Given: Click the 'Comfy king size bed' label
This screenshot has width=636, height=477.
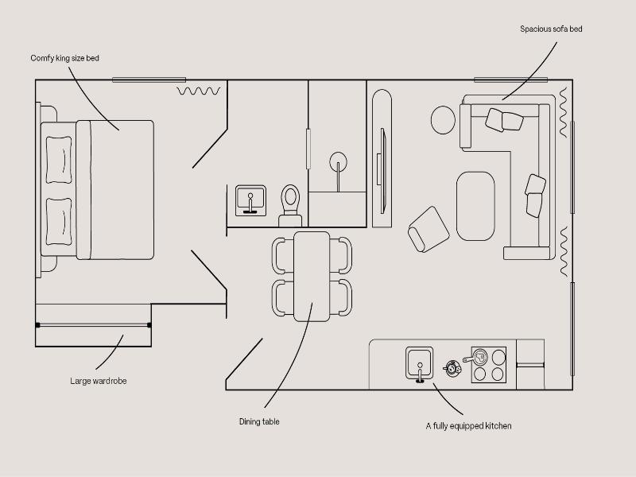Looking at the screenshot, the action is pyautogui.click(x=65, y=58).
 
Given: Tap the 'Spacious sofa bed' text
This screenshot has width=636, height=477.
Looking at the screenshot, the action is pyautogui.click(x=551, y=29).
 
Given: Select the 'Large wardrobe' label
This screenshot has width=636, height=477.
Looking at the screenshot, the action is pyautogui.click(x=98, y=381).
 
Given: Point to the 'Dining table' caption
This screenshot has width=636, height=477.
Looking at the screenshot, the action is pyautogui.click(x=259, y=422).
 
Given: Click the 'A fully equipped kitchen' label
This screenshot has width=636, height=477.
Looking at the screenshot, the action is pyautogui.click(x=468, y=426).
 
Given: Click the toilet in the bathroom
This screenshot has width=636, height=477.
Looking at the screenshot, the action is pyautogui.click(x=290, y=206).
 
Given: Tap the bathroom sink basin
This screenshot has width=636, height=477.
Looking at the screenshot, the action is pyautogui.click(x=250, y=200).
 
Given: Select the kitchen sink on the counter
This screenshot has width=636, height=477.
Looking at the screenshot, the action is pyautogui.click(x=420, y=363).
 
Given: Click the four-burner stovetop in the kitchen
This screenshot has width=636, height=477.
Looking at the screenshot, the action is pyautogui.click(x=489, y=365).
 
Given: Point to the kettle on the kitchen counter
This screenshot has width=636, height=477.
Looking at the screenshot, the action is pyautogui.click(x=452, y=368).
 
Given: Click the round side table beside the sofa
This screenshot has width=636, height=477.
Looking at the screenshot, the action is pyautogui.click(x=443, y=120).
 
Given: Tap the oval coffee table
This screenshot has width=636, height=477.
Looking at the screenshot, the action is pyautogui.click(x=475, y=206).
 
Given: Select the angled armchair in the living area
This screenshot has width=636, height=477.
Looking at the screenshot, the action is pyautogui.click(x=429, y=230).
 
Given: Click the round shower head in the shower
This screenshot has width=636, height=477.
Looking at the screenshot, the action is pyautogui.click(x=339, y=161).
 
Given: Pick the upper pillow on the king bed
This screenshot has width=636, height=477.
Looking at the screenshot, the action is pyautogui.click(x=59, y=160).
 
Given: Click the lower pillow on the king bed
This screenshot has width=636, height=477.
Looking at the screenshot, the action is pyautogui.click(x=59, y=222).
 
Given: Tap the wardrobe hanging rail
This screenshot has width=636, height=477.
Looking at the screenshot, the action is pyautogui.click(x=93, y=325).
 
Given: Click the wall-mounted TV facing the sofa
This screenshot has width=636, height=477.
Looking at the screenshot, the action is pyautogui.click(x=382, y=171).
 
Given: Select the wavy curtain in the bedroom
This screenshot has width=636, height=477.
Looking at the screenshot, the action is pyautogui.click(x=199, y=91).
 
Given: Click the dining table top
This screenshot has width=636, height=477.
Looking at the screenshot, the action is pyautogui.click(x=312, y=277).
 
